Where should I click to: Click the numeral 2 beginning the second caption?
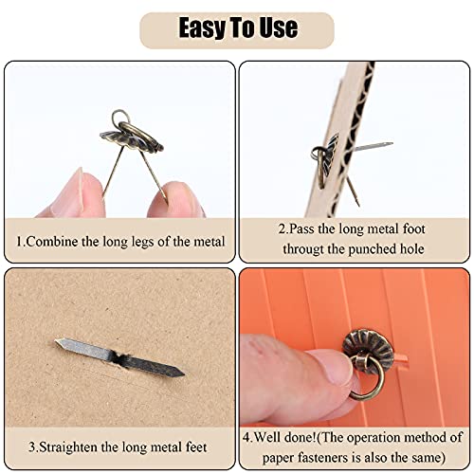pos(281,231)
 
